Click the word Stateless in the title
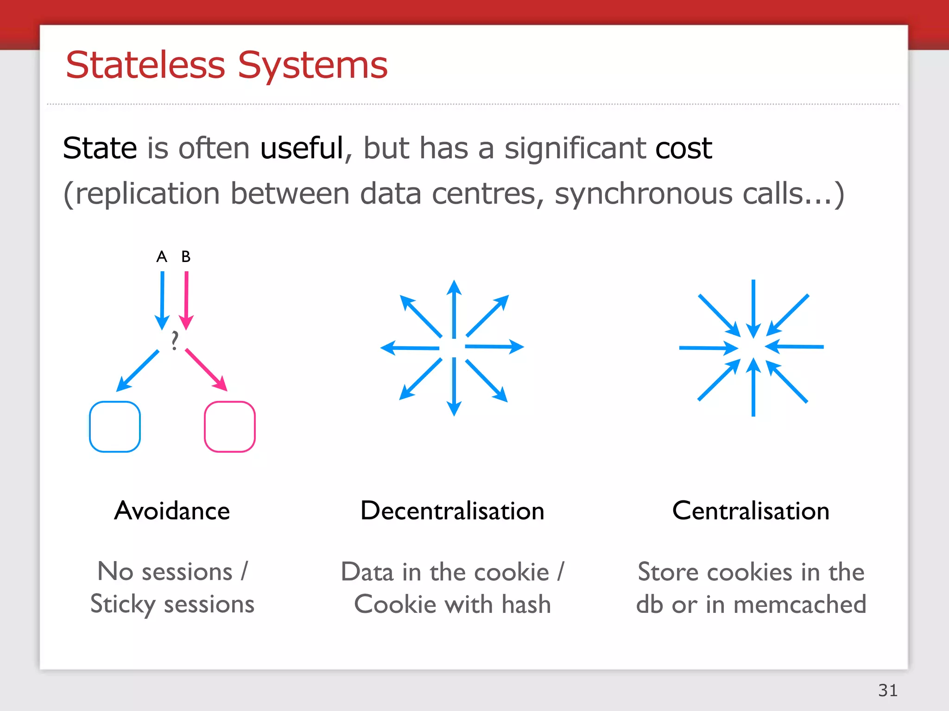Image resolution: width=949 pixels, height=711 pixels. (145, 65)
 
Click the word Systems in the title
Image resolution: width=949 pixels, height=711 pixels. (313, 65)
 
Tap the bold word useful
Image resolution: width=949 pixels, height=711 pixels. (302, 148)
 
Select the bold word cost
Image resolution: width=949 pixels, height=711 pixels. (683, 148)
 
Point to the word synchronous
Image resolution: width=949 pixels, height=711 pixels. (644, 193)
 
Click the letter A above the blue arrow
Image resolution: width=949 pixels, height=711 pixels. (161, 256)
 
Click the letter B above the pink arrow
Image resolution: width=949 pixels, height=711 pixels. (186, 256)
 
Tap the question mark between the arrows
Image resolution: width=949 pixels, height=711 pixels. (174, 340)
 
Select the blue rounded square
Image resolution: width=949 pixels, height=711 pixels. (115, 426)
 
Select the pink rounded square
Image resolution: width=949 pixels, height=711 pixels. (230, 426)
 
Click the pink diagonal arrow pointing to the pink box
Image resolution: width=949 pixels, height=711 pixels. (206, 370)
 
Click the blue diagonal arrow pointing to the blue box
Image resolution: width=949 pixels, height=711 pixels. (138, 370)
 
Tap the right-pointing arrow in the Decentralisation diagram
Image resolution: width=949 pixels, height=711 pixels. (494, 346)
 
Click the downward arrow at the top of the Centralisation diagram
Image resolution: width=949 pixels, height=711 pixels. (753, 308)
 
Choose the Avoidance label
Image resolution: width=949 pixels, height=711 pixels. (172, 511)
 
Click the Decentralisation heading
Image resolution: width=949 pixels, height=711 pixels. (452, 511)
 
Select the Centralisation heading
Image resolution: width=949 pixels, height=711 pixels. (751, 511)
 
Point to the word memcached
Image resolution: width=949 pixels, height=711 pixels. (800, 605)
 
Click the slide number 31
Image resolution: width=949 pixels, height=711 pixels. (887, 690)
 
